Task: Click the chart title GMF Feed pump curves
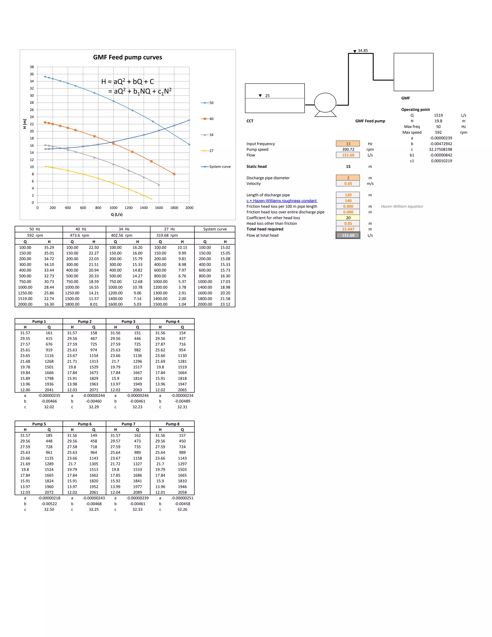tap(127, 57)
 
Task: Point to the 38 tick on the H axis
tap(32, 67)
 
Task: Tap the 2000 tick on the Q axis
tap(189, 208)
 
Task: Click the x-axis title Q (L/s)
tap(117, 214)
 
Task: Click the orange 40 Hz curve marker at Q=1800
tap(174, 174)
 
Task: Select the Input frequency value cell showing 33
tap(348, 144)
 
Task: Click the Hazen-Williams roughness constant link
tap(282, 201)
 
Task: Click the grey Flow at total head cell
tap(348, 235)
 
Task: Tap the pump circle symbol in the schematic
tap(325, 103)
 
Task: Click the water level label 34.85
tap(363, 50)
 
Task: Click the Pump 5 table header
tap(39, 424)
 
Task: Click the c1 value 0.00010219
tap(442, 161)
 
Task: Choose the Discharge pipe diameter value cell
tap(348, 178)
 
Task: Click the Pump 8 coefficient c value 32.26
tap(182, 510)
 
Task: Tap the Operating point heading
tap(415, 110)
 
